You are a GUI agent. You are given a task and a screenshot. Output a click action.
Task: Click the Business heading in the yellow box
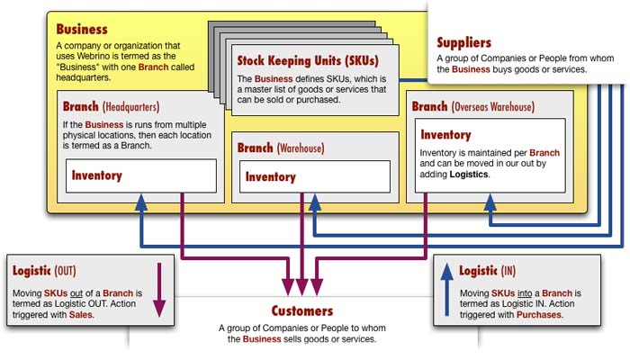[x=82, y=30]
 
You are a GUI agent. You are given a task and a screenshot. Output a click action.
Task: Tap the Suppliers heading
[x=463, y=42]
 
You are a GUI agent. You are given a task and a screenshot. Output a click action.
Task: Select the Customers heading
[x=302, y=310]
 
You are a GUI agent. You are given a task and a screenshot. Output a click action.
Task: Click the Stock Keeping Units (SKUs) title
[x=307, y=61]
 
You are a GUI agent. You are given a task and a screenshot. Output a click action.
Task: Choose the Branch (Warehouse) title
[x=280, y=147]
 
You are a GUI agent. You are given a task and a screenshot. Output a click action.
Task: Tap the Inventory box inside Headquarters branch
[x=139, y=175]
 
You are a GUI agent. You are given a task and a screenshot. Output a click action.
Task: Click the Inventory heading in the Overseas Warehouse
[x=445, y=135]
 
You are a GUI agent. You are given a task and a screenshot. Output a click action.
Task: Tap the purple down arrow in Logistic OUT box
[x=158, y=288]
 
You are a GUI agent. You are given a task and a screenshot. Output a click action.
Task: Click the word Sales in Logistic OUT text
[x=82, y=316]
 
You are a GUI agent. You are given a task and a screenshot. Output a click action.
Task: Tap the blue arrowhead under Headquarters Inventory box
[x=139, y=201]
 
